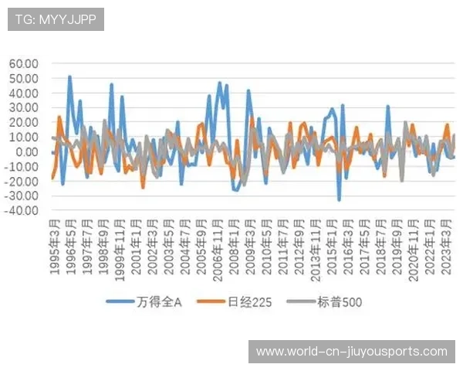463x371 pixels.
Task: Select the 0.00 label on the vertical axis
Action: point(29,151)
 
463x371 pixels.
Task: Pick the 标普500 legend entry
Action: point(340,302)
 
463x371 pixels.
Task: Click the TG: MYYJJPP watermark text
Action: point(56,19)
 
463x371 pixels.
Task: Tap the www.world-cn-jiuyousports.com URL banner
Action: point(351,352)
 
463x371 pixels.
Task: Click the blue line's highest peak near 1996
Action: point(69,77)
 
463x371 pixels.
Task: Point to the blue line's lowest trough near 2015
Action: point(339,200)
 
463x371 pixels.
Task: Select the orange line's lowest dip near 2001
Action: point(143,188)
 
